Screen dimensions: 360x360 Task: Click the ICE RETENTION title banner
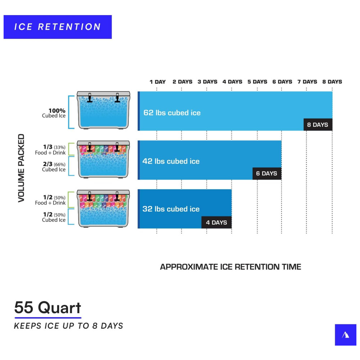pyautogui.click(x=58, y=27)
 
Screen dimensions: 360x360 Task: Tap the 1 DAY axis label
pyautogui.click(x=158, y=82)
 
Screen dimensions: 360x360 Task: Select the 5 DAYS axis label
pyautogui.click(x=257, y=82)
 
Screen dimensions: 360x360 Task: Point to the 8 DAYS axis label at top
pyautogui.click(x=332, y=82)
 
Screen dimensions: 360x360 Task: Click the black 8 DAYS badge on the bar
pyautogui.click(x=318, y=125)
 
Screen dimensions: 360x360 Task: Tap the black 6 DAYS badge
pyautogui.click(x=267, y=174)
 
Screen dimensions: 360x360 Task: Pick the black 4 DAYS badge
pyautogui.click(x=216, y=222)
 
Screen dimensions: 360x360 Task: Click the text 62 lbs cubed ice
pyautogui.click(x=172, y=113)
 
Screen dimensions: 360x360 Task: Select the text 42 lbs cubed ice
pyautogui.click(x=171, y=161)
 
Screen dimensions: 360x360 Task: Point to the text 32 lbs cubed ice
pyautogui.click(x=171, y=209)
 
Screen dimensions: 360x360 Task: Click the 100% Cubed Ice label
pyautogui.click(x=54, y=113)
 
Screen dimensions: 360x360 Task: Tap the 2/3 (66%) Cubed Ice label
pyautogui.click(x=54, y=167)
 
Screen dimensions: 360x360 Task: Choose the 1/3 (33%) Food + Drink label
pyautogui.click(x=50, y=150)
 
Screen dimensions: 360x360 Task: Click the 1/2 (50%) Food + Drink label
pyautogui.click(x=50, y=200)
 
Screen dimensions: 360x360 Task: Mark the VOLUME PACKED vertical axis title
pyautogui.click(x=21, y=168)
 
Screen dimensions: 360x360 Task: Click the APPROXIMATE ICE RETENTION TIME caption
pyautogui.click(x=230, y=267)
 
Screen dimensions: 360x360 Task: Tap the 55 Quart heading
pyautogui.click(x=48, y=308)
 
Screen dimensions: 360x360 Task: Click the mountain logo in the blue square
pyautogui.click(x=346, y=335)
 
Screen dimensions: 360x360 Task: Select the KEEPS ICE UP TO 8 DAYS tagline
pyautogui.click(x=68, y=326)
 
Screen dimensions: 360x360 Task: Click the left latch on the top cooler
pyautogui.click(x=90, y=98)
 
